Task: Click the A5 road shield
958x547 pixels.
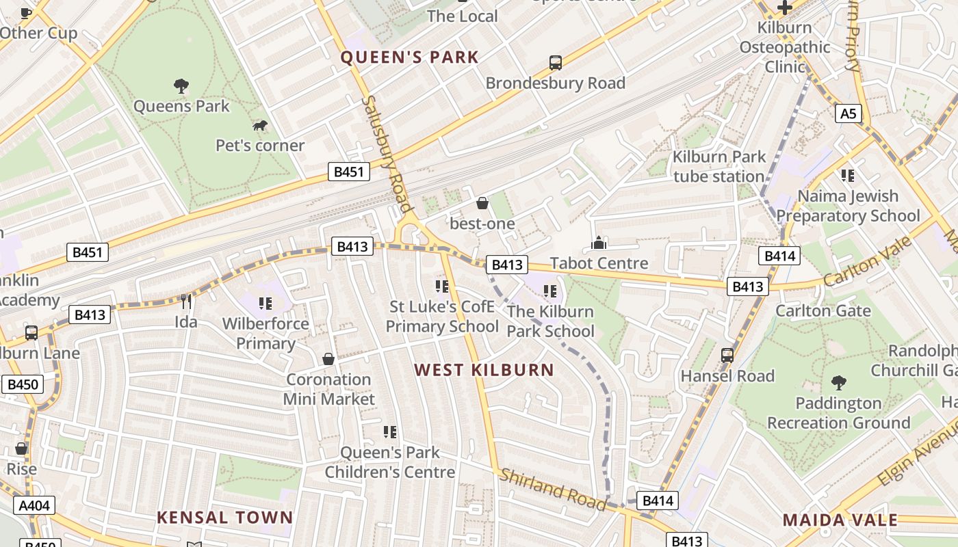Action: click(x=848, y=114)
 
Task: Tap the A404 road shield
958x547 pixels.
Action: click(x=34, y=505)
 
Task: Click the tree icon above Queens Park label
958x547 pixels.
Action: click(x=181, y=86)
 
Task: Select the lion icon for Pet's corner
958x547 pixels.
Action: click(x=260, y=125)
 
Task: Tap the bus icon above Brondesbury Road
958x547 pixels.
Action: click(x=556, y=63)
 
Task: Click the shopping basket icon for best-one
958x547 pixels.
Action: click(x=482, y=203)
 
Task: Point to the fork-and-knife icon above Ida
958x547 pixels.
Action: click(x=185, y=302)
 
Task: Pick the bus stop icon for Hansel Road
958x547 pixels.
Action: click(x=727, y=356)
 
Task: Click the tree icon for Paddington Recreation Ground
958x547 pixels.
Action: click(x=838, y=383)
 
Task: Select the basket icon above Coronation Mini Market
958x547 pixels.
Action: click(x=328, y=359)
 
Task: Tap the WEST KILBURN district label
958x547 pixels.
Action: click(x=484, y=370)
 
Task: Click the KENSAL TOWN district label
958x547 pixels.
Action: click(x=224, y=518)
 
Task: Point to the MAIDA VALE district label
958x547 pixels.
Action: click(x=840, y=520)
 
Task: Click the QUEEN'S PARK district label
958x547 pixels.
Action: click(x=409, y=57)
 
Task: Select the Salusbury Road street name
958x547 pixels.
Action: click(x=387, y=154)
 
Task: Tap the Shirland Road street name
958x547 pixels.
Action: click(x=553, y=489)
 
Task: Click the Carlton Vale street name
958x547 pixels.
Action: click(x=868, y=262)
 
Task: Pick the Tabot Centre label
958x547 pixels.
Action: click(x=599, y=263)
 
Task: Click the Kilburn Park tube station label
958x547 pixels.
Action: click(x=718, y=166)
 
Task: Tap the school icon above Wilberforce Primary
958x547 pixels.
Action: click(x=266, y=304)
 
